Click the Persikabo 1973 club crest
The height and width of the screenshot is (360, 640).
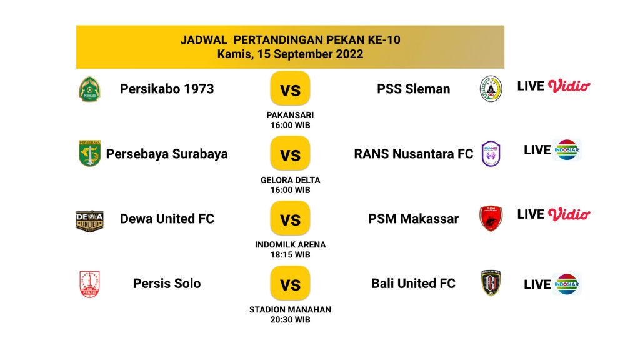point(89,89)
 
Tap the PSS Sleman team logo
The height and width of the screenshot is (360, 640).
point(491,89)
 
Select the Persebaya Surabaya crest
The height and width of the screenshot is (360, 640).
point(89,154)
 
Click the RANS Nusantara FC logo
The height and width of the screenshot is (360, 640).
point(491,154)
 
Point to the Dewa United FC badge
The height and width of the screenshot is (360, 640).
point(90,221)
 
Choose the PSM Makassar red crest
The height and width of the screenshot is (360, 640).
point(491,218)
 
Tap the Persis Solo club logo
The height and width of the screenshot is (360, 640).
point(89,284)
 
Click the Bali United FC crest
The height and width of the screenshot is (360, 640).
point(491,283)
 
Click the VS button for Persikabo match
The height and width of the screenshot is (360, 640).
point(290,88)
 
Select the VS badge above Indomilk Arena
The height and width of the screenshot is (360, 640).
point(290,218)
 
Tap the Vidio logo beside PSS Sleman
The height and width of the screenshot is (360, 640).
point(569,86)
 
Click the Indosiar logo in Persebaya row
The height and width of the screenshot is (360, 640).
point(566,150)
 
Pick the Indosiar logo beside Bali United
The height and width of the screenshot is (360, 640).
point(566,284)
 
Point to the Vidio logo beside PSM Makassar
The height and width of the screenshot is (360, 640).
point(569,214)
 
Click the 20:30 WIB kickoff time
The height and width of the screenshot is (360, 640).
point(290,319)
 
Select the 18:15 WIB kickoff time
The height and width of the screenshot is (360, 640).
point(290,255)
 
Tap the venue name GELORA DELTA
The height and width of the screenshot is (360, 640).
point(290,180)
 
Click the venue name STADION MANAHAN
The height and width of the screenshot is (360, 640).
point(290,310)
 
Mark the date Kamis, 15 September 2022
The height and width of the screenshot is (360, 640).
point(290,54)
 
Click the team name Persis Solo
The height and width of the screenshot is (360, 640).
point(167,283)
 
